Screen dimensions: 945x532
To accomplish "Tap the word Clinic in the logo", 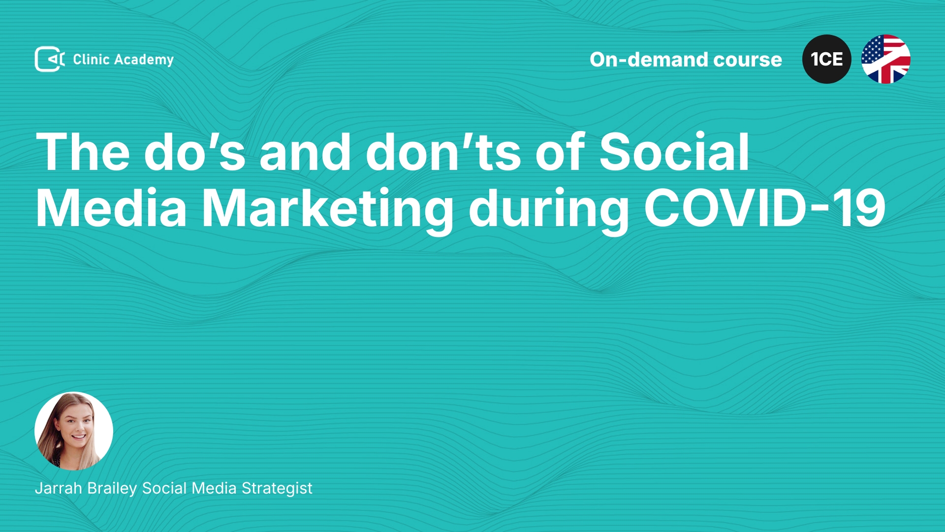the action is tap(91, 59).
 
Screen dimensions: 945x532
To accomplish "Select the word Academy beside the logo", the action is tap(144, 60).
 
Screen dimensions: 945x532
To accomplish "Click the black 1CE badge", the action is tap(827, 59).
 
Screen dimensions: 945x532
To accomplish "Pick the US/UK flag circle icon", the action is tap(886, 59).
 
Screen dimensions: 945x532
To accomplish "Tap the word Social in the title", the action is tap(674, 152).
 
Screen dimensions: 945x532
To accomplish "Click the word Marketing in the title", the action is tap(328, 211).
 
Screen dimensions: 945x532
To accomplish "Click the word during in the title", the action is tap(549, 211).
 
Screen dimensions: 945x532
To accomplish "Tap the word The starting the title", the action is tap(83, 152).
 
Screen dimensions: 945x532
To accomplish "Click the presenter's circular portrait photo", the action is tap(74, 431).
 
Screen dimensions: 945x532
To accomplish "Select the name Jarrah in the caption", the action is tap(59, 488).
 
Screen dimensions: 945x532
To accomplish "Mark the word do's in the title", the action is tap(194, 152).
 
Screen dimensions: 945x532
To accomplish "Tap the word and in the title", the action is tap(305, 152).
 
